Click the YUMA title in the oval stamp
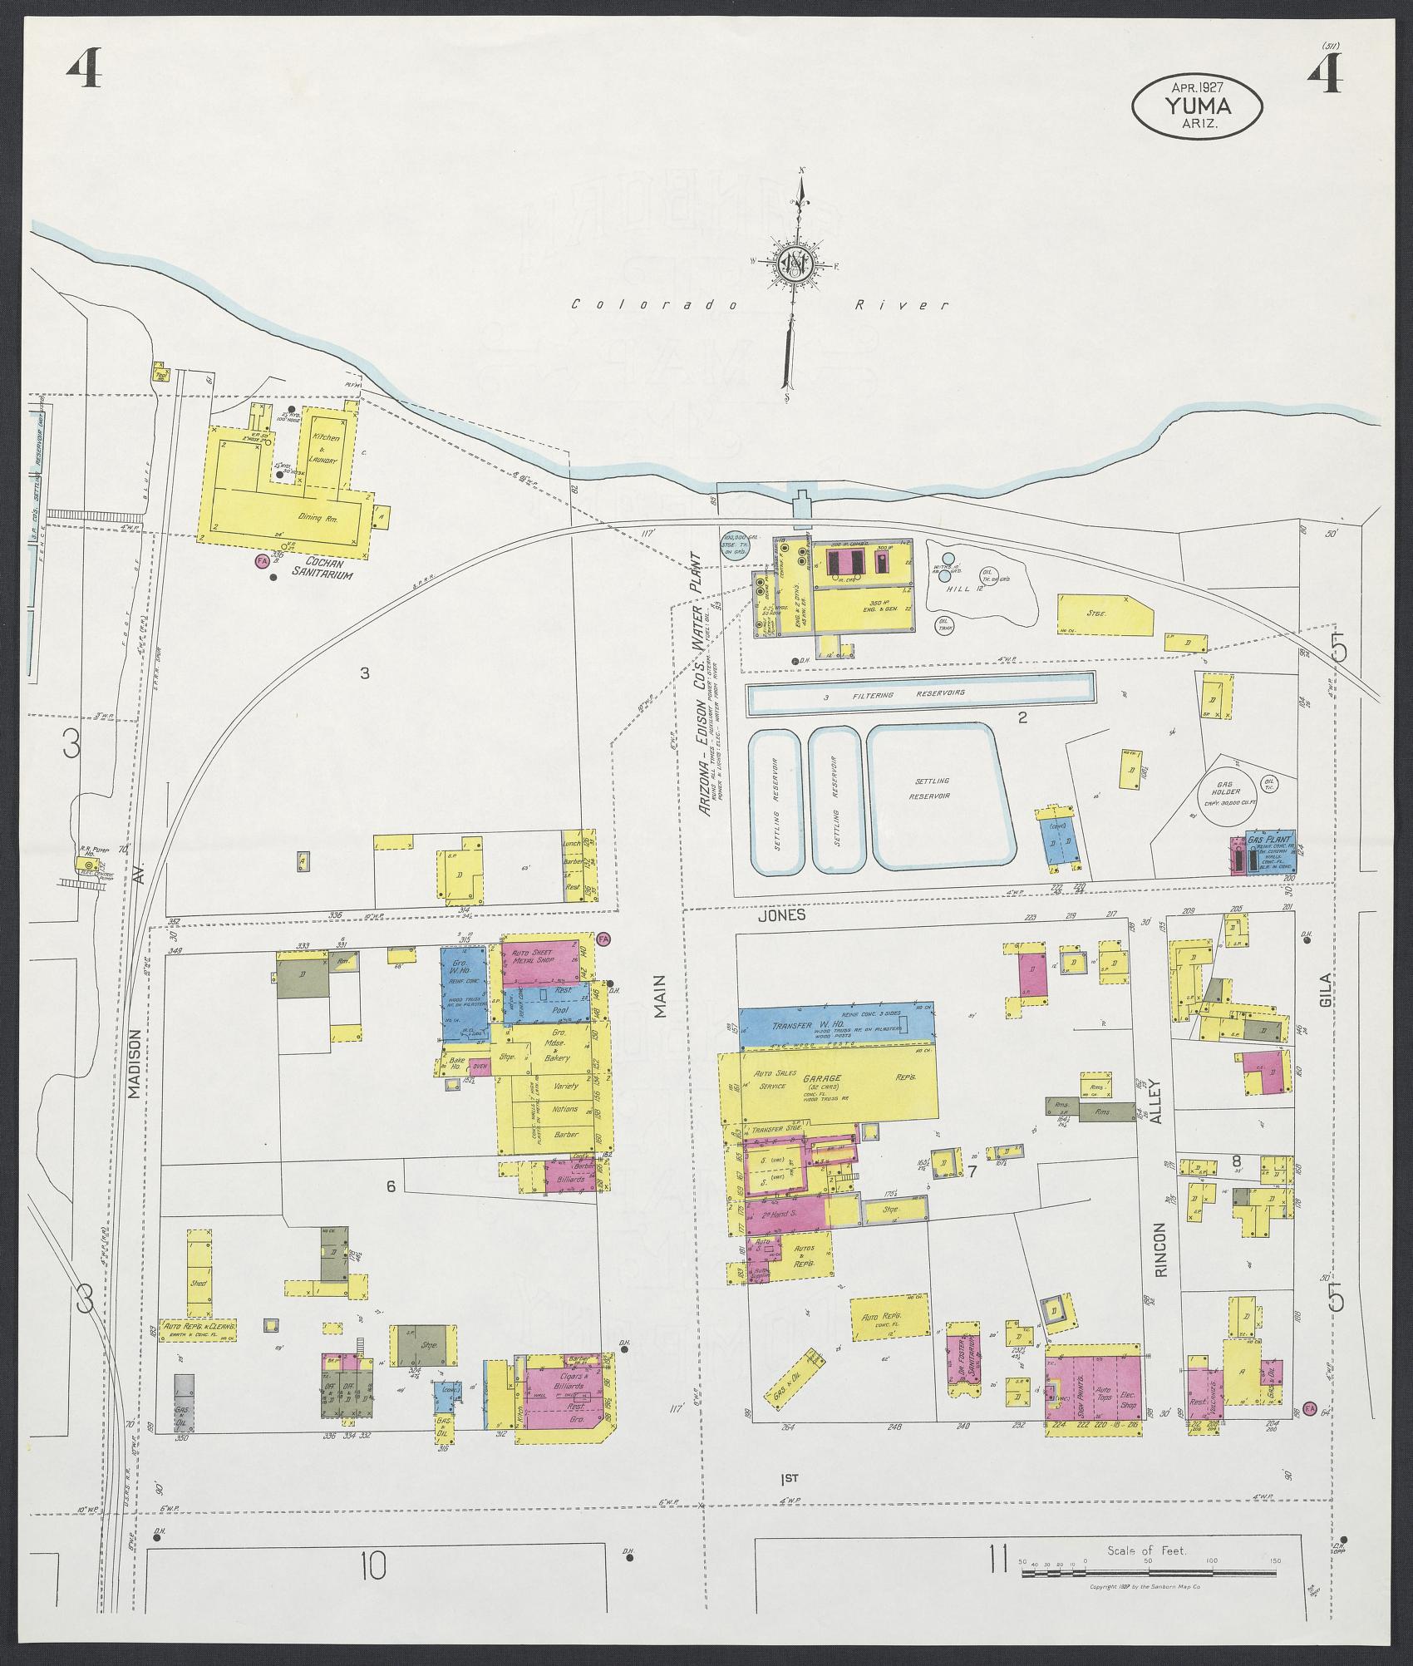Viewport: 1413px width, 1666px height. [1197, 105]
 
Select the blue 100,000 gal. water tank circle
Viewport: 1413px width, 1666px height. [735, 544]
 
